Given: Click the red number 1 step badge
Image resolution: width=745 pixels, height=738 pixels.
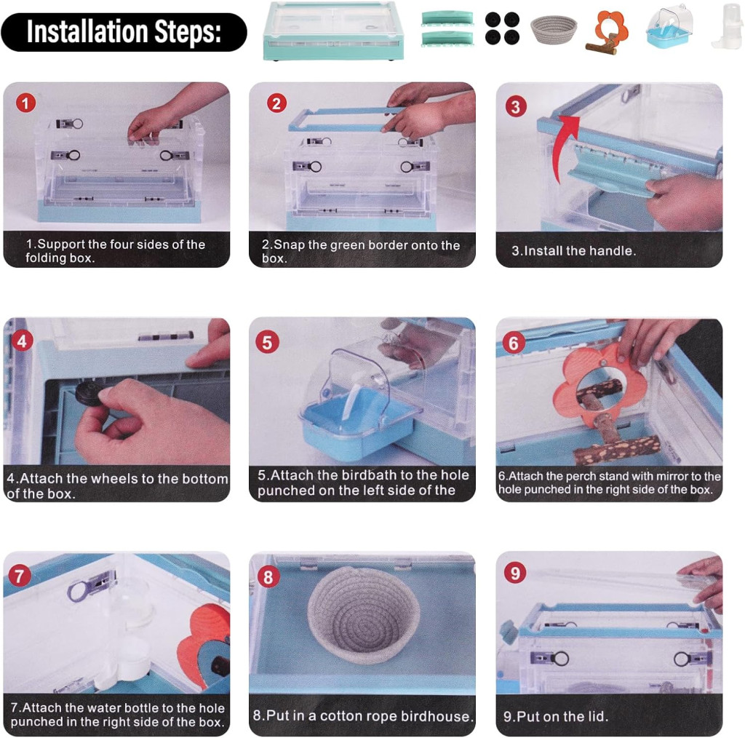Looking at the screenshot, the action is coord(25,103).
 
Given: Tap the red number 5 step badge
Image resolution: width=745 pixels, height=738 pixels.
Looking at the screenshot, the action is coord(267,342).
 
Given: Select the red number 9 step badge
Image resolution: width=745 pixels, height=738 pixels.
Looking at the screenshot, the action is coord(515,573).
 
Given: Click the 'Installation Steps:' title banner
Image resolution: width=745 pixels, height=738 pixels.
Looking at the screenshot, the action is coord(124,32).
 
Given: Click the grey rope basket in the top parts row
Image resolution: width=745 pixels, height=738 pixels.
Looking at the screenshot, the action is coord(554,29).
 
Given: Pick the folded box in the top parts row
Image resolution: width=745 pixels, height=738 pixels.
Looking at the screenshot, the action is coord(333,31).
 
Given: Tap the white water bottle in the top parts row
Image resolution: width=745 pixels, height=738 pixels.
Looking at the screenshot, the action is coord(727,25).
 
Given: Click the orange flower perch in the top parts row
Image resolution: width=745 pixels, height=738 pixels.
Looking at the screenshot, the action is coord(607,31).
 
